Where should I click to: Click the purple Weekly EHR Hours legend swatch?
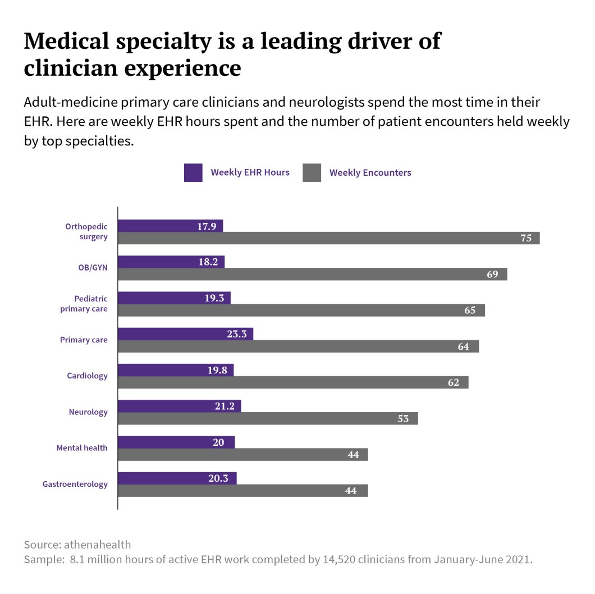point(193,173)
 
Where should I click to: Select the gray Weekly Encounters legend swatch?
point(312,173)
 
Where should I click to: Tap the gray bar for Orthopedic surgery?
point(328,238)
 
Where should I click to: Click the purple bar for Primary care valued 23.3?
point(185,334)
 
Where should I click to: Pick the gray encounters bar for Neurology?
point(268,418)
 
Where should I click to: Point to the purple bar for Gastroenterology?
point(177,478)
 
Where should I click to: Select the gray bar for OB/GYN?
point(312,274)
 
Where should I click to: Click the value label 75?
point(526,238)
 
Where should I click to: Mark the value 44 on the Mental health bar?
point(353,455)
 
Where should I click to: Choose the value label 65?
point(470,310)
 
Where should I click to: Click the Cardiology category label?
point(87,376)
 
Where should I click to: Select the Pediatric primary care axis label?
point(84,304)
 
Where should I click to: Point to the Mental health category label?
point(82,448)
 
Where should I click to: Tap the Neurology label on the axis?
point(88,412)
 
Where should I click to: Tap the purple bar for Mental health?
point(176,442)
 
